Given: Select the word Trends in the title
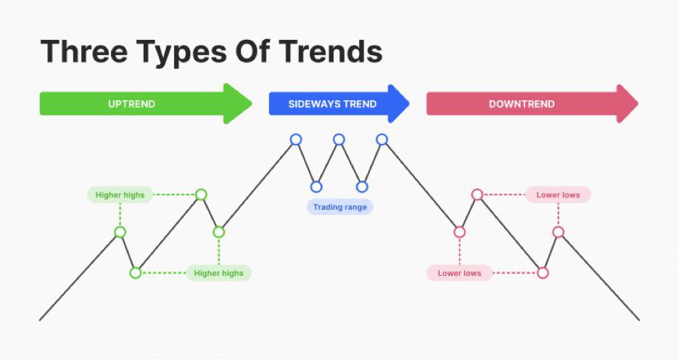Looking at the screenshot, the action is tap(331, 51).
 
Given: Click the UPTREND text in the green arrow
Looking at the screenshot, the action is tap(131, 104).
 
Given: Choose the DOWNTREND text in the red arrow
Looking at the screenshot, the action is tap(522, 104).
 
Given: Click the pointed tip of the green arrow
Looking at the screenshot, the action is tap(252, 104).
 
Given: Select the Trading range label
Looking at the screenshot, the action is tap(340, 207).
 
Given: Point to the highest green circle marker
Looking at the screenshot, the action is tap(201, 195).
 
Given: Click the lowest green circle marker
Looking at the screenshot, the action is tap(136, 273).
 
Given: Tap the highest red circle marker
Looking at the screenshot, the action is tap(477, 195).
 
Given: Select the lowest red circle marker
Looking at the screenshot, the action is tap(543, 273).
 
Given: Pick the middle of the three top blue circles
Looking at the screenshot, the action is tap(339, 139).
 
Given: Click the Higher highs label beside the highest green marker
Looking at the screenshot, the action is tap(120, 195).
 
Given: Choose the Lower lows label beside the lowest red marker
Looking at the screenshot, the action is tap(459, 274).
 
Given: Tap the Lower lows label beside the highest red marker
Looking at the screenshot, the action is tap(558, 195).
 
